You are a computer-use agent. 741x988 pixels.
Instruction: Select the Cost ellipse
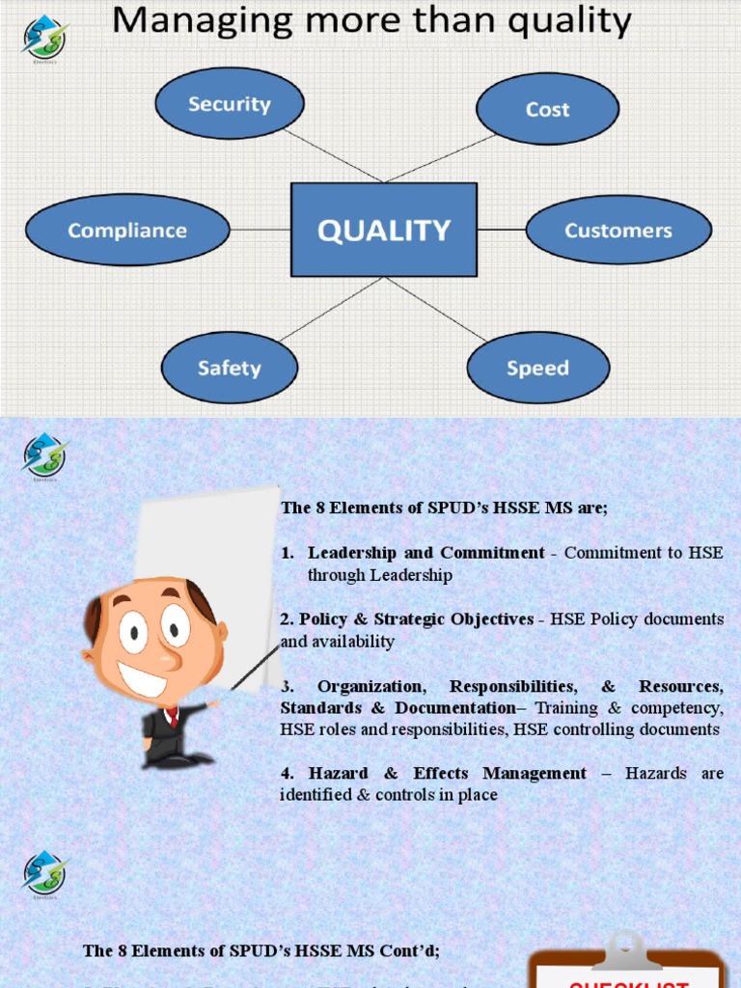547,109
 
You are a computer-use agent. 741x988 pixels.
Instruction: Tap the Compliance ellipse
126,230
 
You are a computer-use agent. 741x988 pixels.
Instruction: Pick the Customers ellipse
617,230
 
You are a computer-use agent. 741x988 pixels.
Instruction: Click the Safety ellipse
229,368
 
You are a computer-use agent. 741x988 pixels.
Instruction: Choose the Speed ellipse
537,368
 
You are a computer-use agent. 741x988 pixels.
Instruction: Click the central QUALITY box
384,230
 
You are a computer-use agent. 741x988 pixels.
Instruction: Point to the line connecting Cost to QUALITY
441,157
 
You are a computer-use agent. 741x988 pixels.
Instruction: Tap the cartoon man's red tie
173,717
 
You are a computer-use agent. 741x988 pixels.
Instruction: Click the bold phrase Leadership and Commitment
425,553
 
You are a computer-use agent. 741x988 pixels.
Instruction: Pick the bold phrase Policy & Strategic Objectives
416,619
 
